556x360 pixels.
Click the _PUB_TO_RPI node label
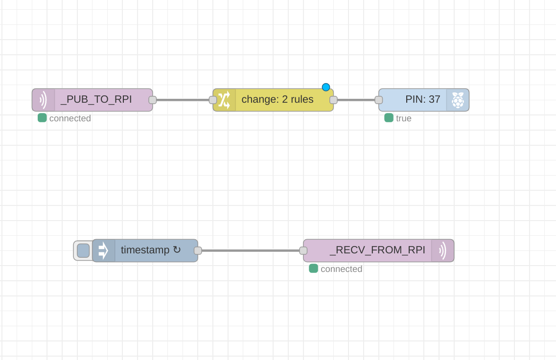(x=96, y=99)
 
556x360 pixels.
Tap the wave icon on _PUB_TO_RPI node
(x=43, y=100)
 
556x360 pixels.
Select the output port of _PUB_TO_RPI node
(x=152, y=100)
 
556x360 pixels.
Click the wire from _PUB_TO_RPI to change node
(x=183, y=100)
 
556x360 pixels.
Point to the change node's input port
(x=213, y=100)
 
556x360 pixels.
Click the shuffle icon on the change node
(x=224, y=100)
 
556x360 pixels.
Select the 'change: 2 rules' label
(x=277, y=99)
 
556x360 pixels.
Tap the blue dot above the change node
(x=326, y=87)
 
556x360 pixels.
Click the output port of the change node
(x=333, y=100)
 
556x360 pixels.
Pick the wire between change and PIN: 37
(x=356, y=100)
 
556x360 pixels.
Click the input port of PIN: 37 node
(x=378, y=100)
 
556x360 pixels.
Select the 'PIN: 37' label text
(x=422, y=99)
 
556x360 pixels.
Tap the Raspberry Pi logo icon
(x=458, y=100)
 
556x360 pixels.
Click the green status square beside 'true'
(x=389, y=117)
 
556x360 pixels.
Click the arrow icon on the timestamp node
(x=103, y=250)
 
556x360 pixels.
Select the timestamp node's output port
(x=198, y=250)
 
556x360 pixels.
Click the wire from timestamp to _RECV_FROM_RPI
(x=250, y=250)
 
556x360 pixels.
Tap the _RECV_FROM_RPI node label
(x=377, y=250)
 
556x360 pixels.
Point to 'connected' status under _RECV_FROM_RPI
(x=341, y=269)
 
